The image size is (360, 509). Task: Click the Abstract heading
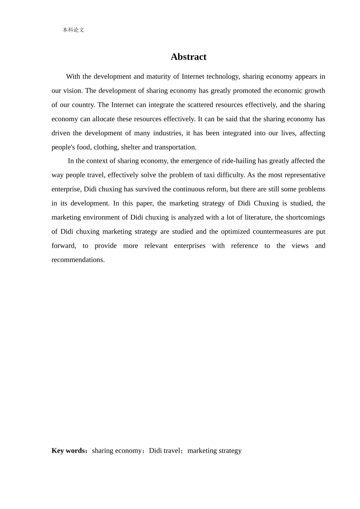188,57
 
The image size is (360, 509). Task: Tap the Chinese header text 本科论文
73,30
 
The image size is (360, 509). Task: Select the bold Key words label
69,451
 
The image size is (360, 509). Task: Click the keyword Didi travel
164,451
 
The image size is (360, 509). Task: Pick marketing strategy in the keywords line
214,451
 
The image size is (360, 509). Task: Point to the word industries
167,133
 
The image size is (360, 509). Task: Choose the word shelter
130,147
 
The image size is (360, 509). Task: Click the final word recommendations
78,260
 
